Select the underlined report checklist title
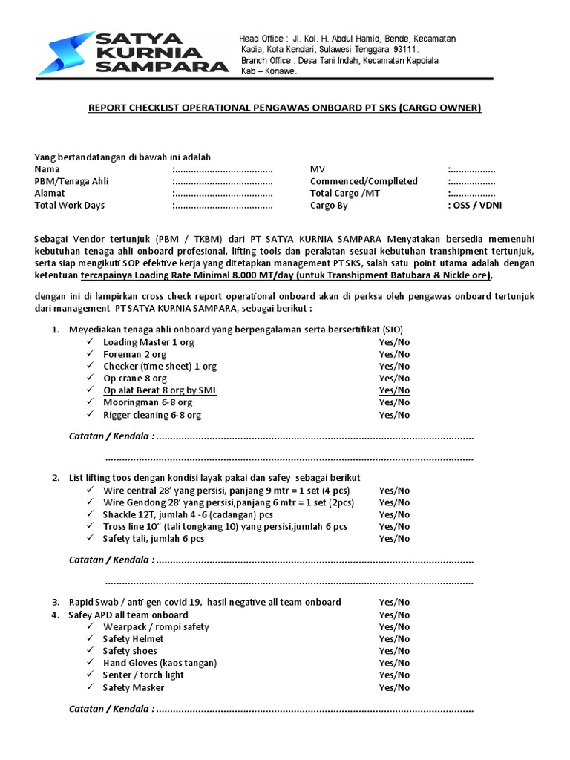(285, 108)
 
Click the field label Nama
(47, 169)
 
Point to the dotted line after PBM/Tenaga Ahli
(223, 181)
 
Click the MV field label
(318, 169)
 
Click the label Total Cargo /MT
(344, 193)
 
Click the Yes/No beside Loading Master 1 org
(394, 342)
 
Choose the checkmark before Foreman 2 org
(89, 354)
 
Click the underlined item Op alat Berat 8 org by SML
(160, 390)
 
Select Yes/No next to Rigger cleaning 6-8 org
(394, 415)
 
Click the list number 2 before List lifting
(56, 478)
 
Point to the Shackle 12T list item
(188, 514)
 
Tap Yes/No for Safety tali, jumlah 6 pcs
(394, 539)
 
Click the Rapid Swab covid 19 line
(205, 602)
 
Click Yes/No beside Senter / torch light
(394, 675)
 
